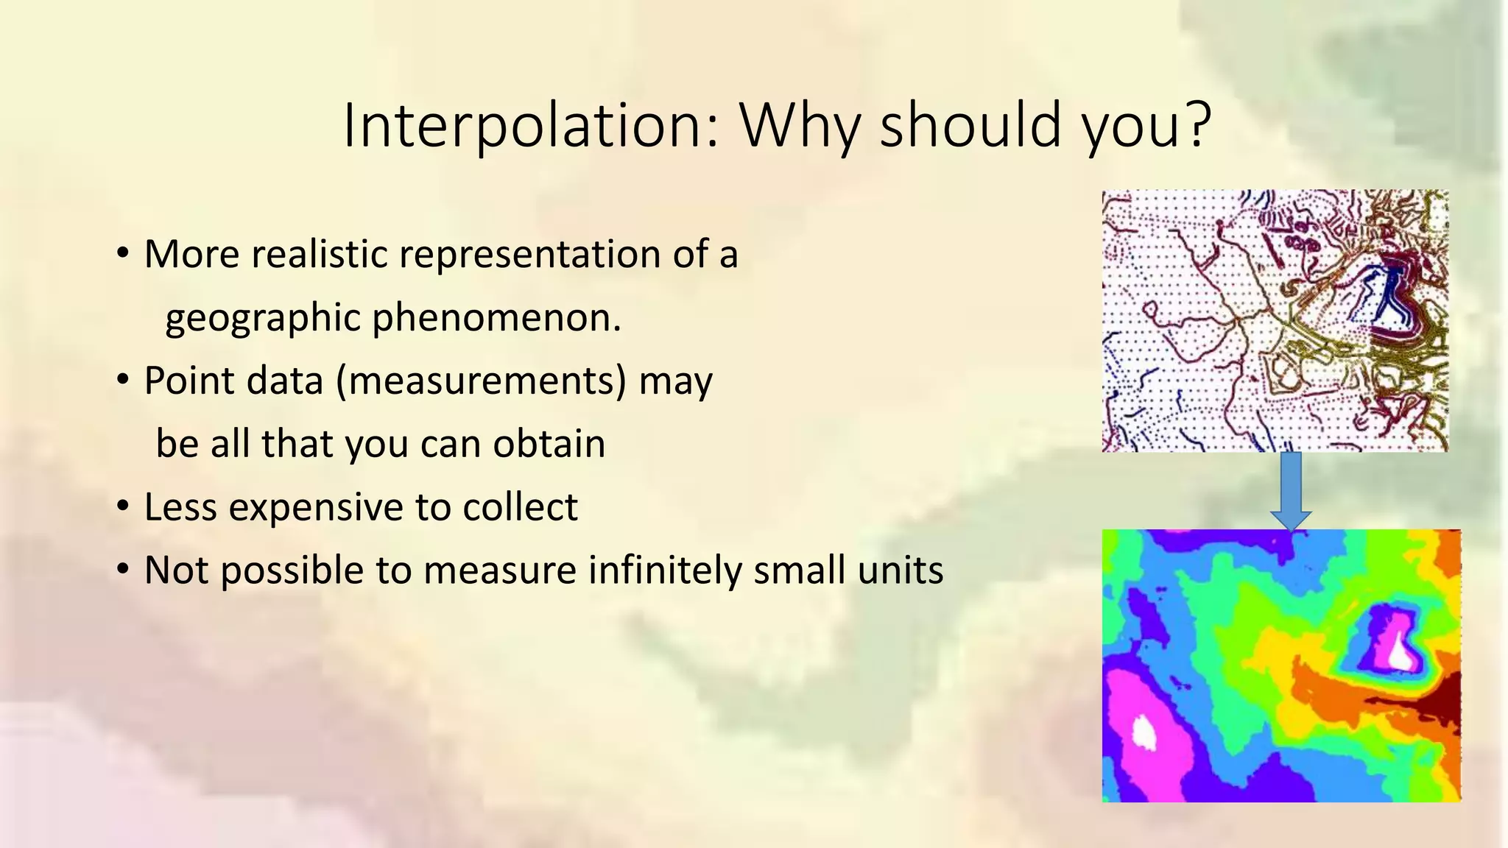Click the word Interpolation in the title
tap(530, 125)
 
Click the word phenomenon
tap(496, 318)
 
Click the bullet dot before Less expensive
tap(123, 506)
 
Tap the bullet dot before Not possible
tap(123, 569)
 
